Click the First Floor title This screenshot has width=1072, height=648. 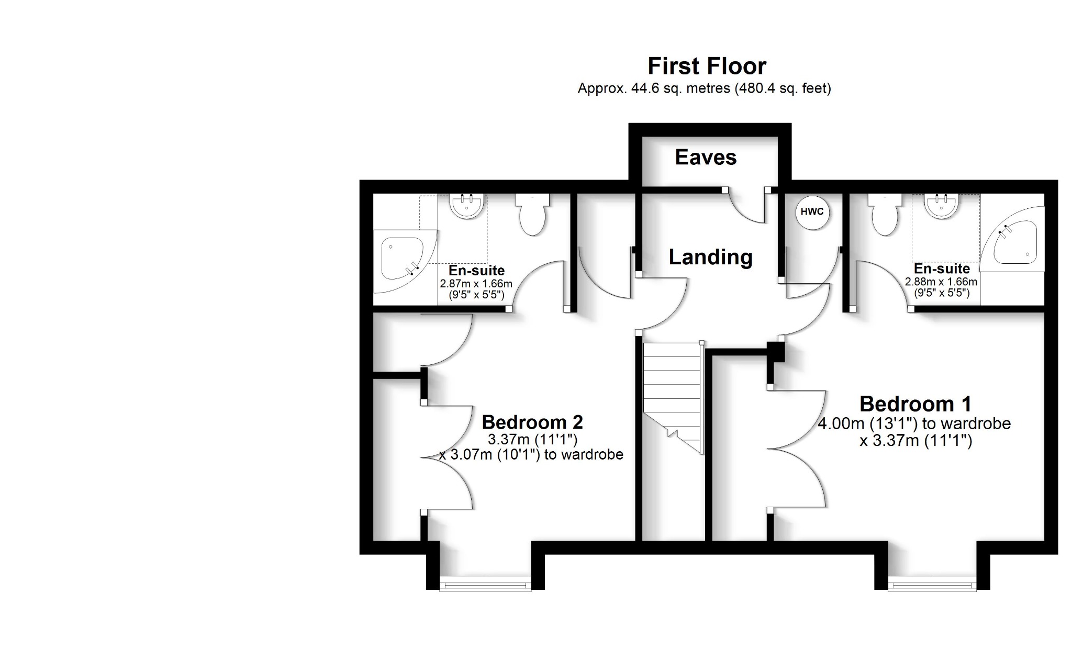pyautogui.click(x=707, y=66)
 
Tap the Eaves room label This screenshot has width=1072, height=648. pyautogui.click(x=706, y=157)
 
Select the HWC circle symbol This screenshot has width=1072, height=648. pyautogui.click(x=812, y=212)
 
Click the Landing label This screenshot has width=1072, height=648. pyautogui.click(x=710, y=257)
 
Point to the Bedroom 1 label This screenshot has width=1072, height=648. pyautogui.click(x=915, y=404)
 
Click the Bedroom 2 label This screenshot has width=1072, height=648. pyautogui.click(x=532, y=422)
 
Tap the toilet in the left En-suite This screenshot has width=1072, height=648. pyautogui.click(x=532, y=216)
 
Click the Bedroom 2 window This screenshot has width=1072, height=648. pyautogui.click(x=485, y=583)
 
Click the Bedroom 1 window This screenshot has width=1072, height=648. pyautogui.click(x=932, y=583)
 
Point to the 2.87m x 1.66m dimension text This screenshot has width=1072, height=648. pyautogui.click(x=476, y=284)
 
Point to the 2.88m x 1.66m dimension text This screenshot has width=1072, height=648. pyautogui.click(x=941, y=282)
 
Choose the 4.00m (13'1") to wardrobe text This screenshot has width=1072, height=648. pyautogui.click(x=914, y=423)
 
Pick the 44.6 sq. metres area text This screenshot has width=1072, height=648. pyautogui.click(x=704, y=88)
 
